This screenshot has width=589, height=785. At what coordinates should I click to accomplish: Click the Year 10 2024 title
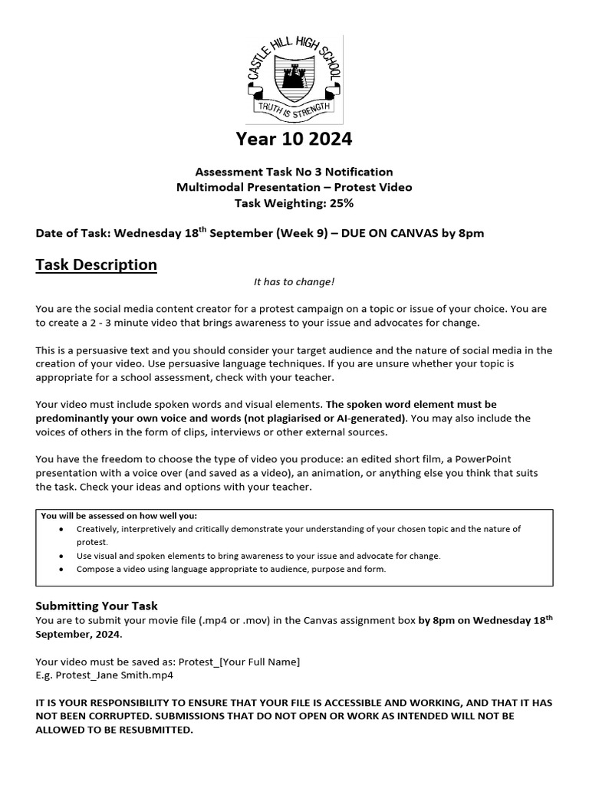coord(294,139)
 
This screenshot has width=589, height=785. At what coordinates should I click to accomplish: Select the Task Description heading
coord(96,265)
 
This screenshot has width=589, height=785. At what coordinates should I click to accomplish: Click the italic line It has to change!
coord(294,282)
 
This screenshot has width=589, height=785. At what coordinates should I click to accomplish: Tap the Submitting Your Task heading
coord(97,606)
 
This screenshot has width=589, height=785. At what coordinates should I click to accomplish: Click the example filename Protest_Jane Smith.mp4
coord(104,675)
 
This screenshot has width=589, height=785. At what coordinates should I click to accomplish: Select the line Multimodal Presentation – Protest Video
coord(294,188)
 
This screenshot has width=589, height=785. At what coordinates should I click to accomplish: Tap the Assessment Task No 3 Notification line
coord(294,172)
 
